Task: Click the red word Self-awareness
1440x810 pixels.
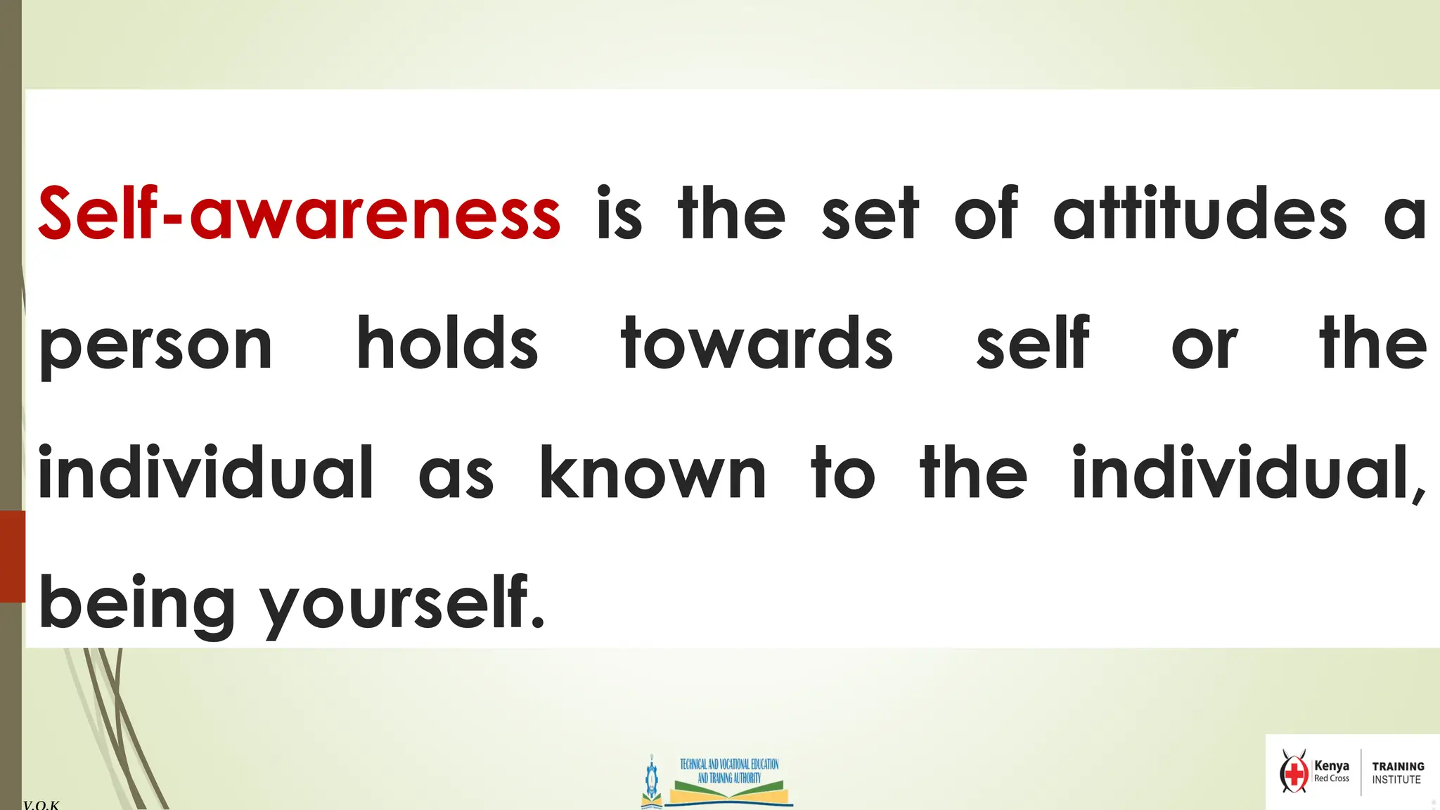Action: (299, 214)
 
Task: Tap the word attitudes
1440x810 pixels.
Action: (1200, 214)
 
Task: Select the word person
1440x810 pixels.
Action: (155, 345)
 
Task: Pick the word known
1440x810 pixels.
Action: (652, 473)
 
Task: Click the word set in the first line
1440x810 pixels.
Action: (870, 214)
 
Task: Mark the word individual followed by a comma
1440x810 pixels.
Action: (1249, 473)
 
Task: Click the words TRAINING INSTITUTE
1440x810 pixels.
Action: (1398, 773)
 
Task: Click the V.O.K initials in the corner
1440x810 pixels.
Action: (41, 804)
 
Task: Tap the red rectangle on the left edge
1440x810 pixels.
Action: (12, 556)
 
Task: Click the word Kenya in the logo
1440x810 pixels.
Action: (1332, 766)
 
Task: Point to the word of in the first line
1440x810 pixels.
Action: (986, 214)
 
